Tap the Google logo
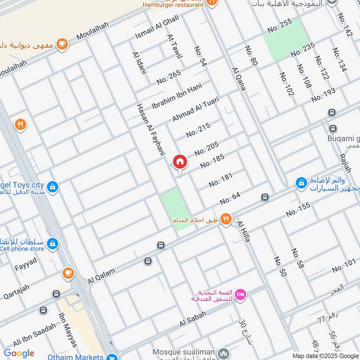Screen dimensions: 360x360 point(19,353)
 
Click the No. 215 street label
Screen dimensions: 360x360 point(198,130)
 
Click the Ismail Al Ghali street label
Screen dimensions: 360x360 point(157,27)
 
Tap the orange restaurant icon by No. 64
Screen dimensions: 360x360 point(226,220)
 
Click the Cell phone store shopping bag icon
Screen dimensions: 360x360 point(53,243)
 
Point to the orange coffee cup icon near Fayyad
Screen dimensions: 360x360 point(68,272)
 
